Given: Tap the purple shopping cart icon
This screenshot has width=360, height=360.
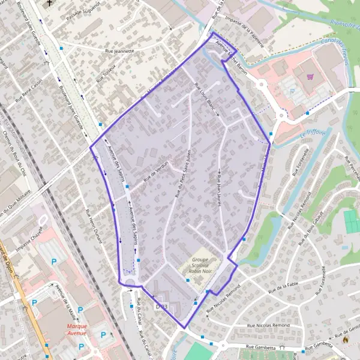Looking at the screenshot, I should (310, 76).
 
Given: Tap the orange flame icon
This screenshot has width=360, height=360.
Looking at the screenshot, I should (345, 339).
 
